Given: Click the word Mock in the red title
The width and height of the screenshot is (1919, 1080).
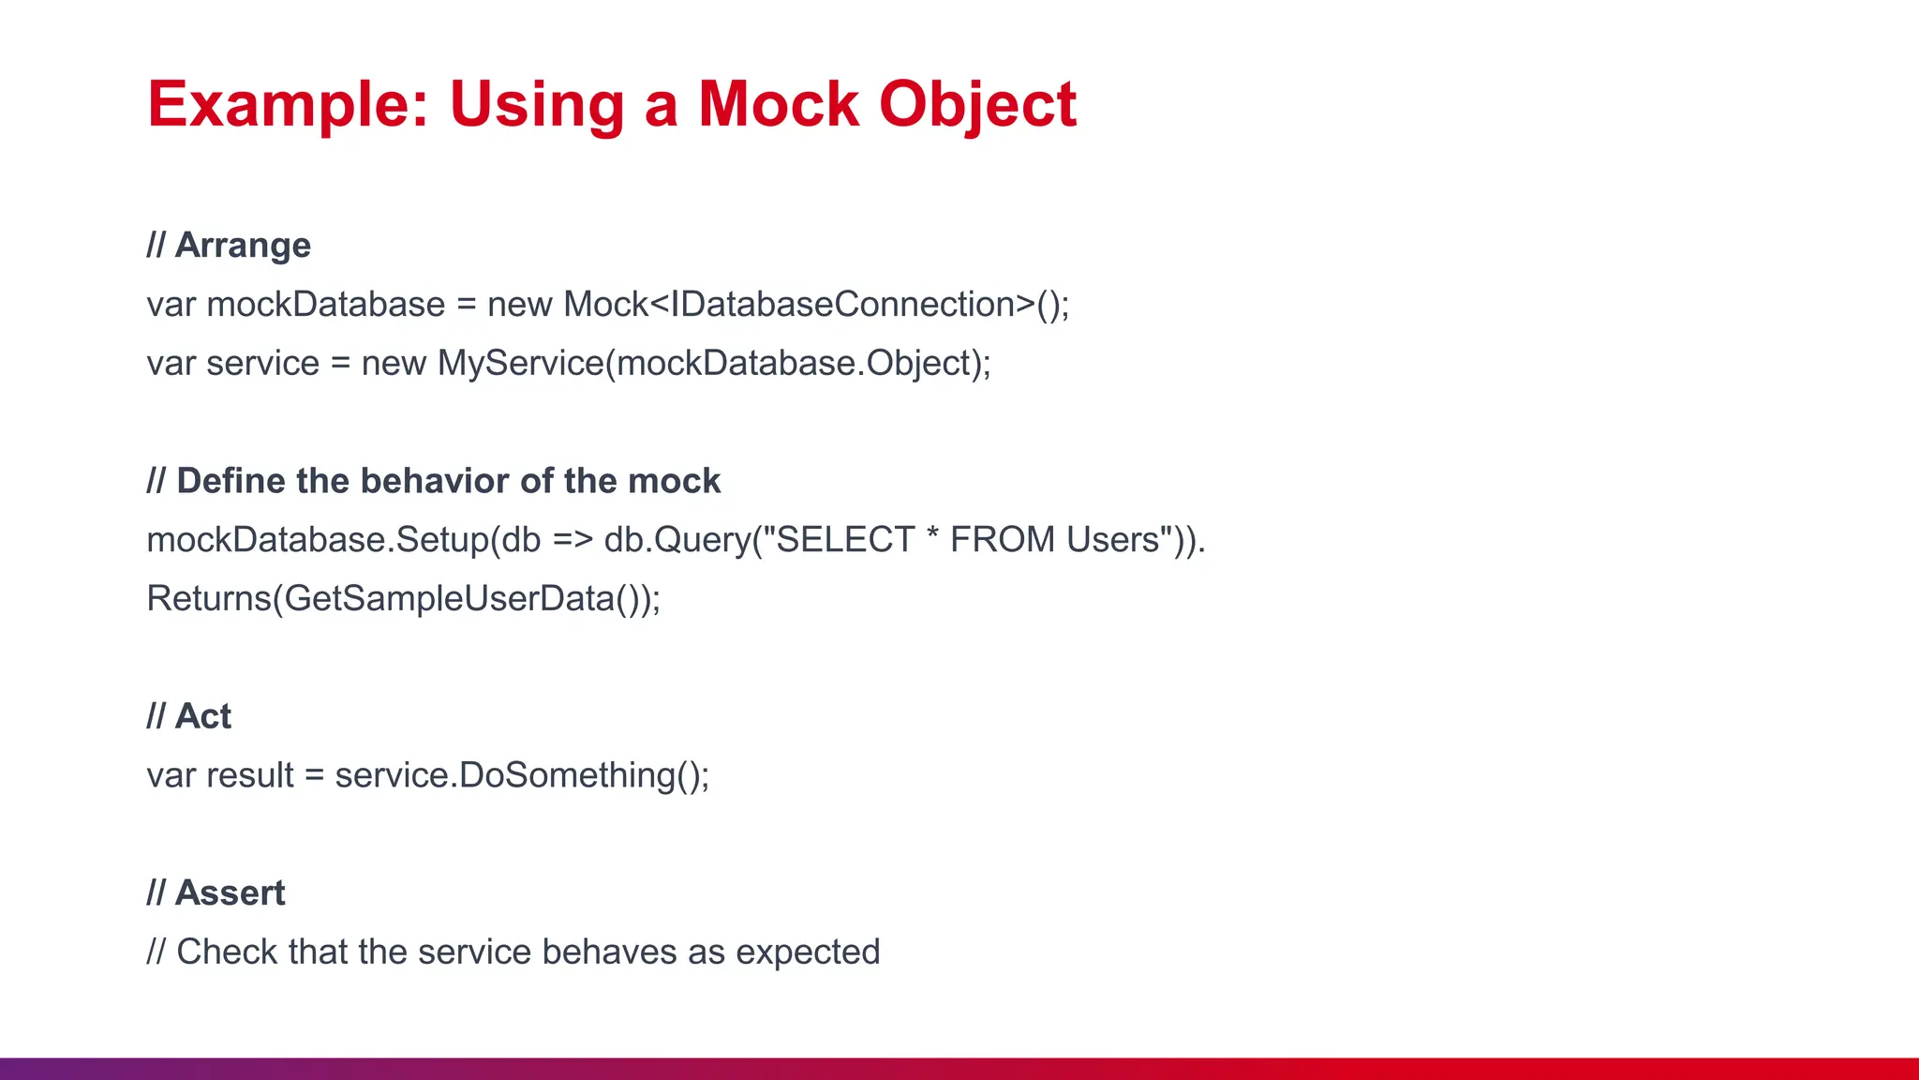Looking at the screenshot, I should (x=778, y=103).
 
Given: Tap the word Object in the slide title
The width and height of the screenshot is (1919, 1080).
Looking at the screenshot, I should (x=977, y=105).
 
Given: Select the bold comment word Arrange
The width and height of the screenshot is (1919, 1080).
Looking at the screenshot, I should (x=243, y=246).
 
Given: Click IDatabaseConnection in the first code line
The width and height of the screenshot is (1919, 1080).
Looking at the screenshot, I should (x=842, y=305).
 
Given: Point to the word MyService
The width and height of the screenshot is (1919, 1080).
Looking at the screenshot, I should (x=521, y=364).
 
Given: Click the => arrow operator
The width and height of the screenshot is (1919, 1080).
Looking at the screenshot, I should (x=572, y=540).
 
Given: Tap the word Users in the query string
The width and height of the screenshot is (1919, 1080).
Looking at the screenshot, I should (x=1112, y=540).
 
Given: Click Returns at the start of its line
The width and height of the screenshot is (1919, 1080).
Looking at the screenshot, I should (x=208, y=599).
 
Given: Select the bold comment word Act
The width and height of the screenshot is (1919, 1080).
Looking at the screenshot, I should (x=203, y=716).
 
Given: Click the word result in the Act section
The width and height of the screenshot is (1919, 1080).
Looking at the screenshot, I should (x=250, y=775).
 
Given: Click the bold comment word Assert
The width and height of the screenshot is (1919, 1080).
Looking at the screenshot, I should (x=230, y=893).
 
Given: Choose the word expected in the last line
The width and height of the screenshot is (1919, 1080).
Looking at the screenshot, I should (x=808, y=953).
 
